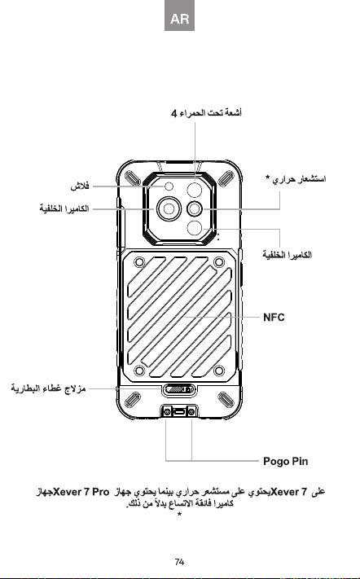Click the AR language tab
tap(179, 15)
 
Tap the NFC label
tap(274, 318)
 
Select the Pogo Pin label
tap(285, 461)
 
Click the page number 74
tap(179, 562)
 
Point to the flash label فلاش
tap(80, 186)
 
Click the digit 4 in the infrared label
tap(174, 113)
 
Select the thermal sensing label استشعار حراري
tap(300, 180)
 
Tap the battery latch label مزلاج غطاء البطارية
tap(48, 388)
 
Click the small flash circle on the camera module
tap(169, 186)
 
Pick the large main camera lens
tap(169, 209)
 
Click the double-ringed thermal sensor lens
tap(195, 209)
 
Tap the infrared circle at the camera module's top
tap(195, 190)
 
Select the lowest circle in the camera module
tap(195, 228)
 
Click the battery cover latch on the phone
tap(179, 389)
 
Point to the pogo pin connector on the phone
tap(179, 411)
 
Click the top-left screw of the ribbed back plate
tap(139, 262)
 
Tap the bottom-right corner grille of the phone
tap(226, 401)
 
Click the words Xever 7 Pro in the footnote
tap(81, 492)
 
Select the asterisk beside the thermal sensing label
tap(268, 178)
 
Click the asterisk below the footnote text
tap(179, 515)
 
